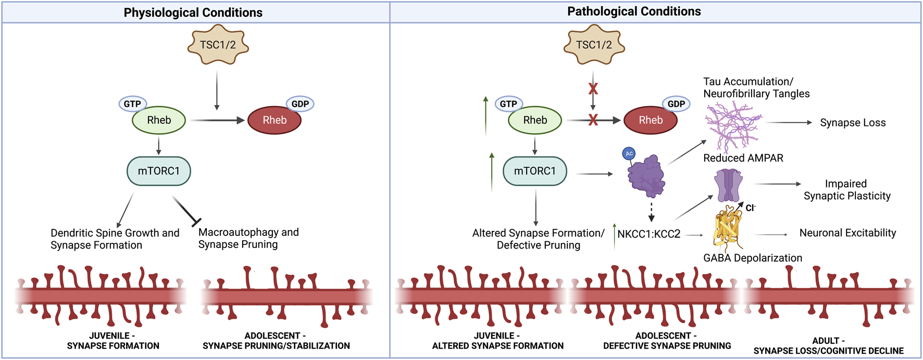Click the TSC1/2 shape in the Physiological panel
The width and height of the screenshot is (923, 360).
click(218, 45)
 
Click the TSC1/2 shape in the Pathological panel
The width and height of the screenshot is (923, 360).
click(594, 45)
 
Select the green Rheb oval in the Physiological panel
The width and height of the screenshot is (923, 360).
click(159, 120)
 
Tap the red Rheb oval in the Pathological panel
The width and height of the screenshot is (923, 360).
click(651, 120)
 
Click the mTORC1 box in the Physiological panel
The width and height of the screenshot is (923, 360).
click(159, 171)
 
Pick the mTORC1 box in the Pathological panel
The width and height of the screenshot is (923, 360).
click(535, 171)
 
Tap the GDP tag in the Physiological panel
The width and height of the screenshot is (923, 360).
click(300, 104)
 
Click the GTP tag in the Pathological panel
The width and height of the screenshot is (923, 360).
click(508, 104)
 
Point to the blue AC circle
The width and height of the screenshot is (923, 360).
click(629, 154)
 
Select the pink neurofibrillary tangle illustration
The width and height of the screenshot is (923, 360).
click(732, 126)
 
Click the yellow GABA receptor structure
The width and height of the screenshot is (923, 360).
click(727, 228)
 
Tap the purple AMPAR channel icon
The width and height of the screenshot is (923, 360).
click(728, 185)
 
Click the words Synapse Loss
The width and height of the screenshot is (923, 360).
click(853, 123)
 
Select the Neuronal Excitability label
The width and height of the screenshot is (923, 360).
click(847, 233)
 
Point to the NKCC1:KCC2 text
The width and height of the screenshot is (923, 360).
click(648, 234)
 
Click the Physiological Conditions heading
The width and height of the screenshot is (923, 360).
click(193, 13)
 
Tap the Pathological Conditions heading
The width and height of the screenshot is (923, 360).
click(634, 11)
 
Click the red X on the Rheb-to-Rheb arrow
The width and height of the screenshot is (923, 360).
click(593, 120)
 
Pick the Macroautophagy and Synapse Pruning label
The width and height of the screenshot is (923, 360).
click(248, 238)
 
